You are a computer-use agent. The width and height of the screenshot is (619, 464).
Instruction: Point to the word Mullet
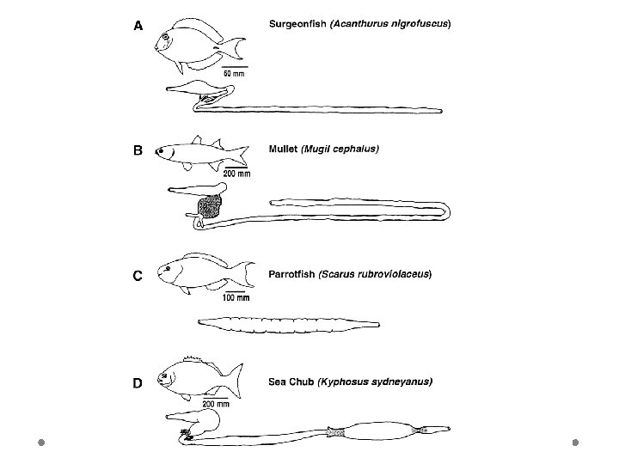point(283,149)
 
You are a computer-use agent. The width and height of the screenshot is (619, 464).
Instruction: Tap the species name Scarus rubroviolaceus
point(376,274)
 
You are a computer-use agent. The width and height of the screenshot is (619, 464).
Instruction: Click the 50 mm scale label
point(234,74)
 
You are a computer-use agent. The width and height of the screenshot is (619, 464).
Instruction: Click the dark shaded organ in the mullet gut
point(209,206)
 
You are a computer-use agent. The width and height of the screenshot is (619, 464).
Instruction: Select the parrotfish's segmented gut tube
point(289,324)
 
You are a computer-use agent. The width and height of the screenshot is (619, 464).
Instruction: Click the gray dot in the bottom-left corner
point(40,443)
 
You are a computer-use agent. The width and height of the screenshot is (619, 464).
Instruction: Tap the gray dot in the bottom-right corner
point(576,443)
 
